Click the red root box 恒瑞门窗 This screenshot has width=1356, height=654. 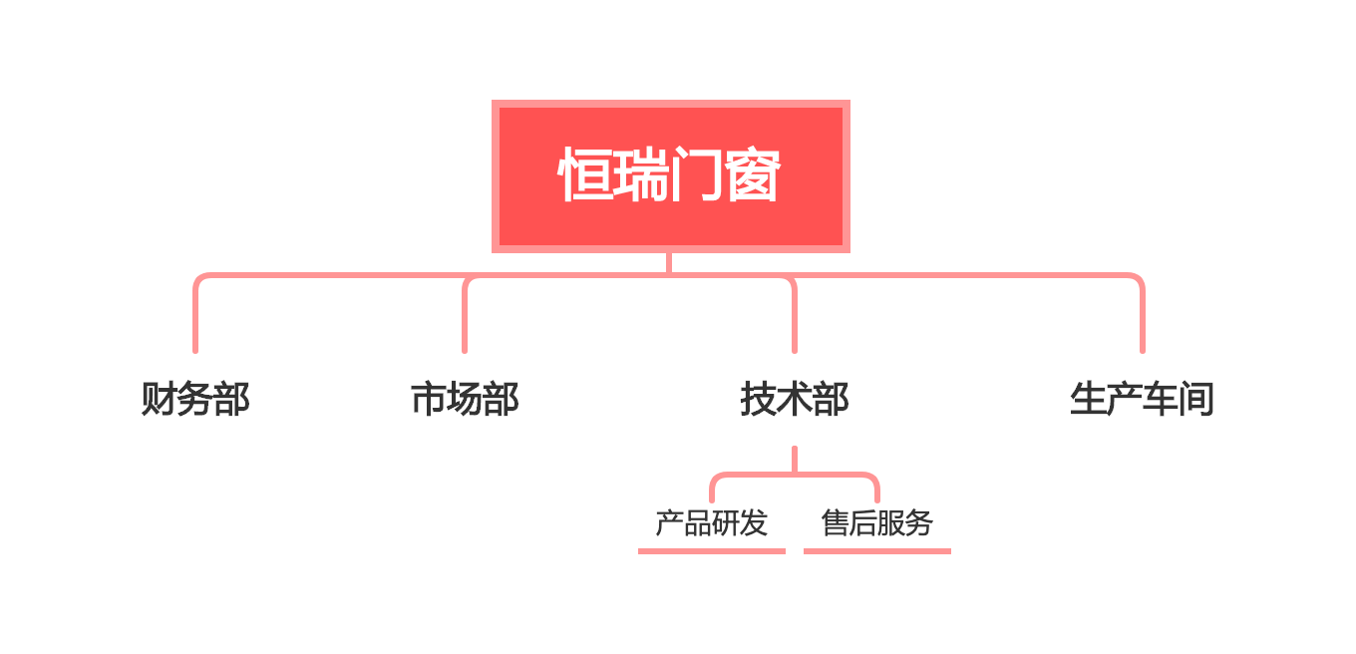(671, 176)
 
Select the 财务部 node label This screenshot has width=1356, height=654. (195, 399)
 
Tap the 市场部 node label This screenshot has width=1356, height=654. (465, 399)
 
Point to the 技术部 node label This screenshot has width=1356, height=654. (795, 399)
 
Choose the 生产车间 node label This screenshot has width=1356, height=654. (1143, 399)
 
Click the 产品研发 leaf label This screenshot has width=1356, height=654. (712, 523)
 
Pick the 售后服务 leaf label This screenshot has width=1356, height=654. (877, 523)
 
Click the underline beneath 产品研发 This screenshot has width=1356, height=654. (712, 551)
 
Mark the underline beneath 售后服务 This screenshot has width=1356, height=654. (877, 551)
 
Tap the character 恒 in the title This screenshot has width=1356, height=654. (584, 174)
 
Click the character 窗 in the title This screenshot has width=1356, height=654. (753, 174)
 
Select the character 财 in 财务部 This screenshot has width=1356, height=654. (159, 399)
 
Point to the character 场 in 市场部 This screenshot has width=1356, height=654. (465, 399)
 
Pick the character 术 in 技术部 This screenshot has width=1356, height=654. (795, 399)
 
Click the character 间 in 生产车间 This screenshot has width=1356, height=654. (1196, 399)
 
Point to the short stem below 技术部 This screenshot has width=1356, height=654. (795, 459)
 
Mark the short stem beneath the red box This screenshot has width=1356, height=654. (669, 263)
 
